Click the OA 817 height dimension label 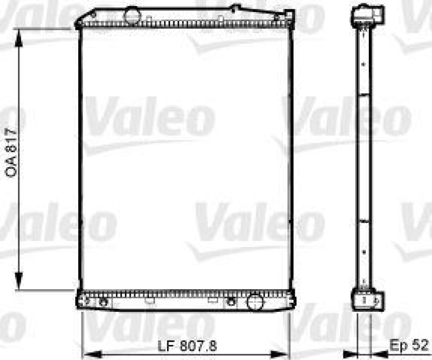[x=11, y=154]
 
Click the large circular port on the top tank [x=131, y=16]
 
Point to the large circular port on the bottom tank [x=254, y=301]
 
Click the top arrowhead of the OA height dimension [x=19, y=34]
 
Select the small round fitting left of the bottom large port [x=232, y=301]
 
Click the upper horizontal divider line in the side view [x=366, y=95]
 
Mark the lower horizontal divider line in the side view [x=366, y=221]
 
